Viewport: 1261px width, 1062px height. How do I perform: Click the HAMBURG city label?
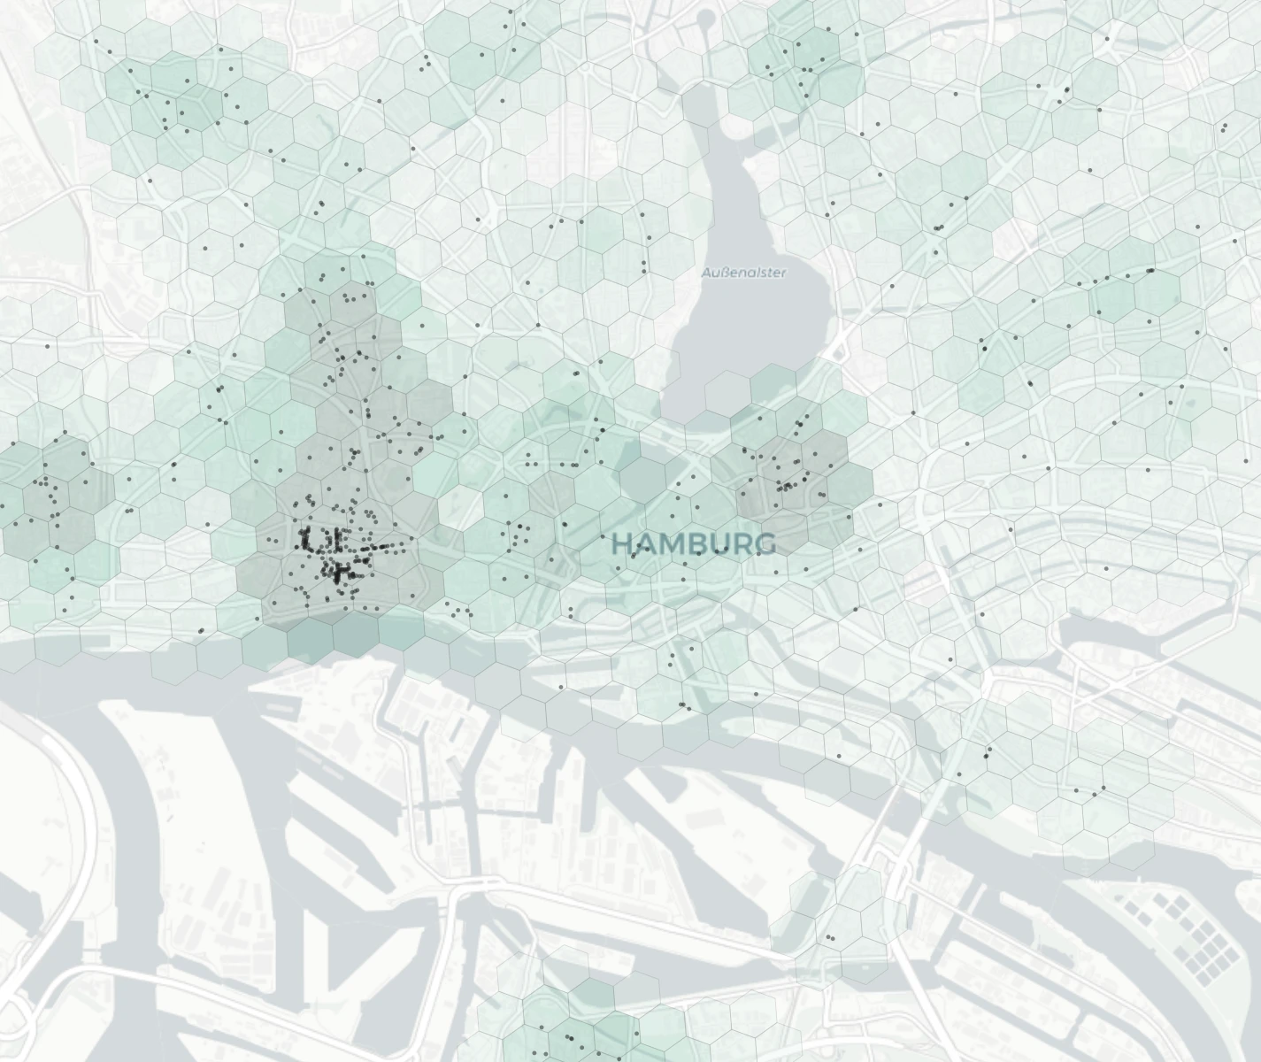pyautogui.click(x=694, y=544)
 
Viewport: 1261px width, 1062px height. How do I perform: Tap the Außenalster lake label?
pyautogui.click(x=743, y=273)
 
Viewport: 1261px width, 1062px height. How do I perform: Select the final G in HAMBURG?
pyautogui.click(x=766, y=544)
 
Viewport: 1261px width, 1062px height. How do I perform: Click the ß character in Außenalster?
pyautogui.click(x=724, y=273)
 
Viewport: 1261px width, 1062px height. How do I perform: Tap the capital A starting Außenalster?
pyautogui.click(x=706, y=273)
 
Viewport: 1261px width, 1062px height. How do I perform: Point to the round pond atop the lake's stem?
pyautogui.click(x=706, y=19)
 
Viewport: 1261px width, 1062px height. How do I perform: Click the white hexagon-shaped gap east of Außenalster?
pyautogui.click(x=1015, y=235)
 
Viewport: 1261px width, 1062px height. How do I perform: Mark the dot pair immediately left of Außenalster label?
pyautogui.click(x=644, y=264)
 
